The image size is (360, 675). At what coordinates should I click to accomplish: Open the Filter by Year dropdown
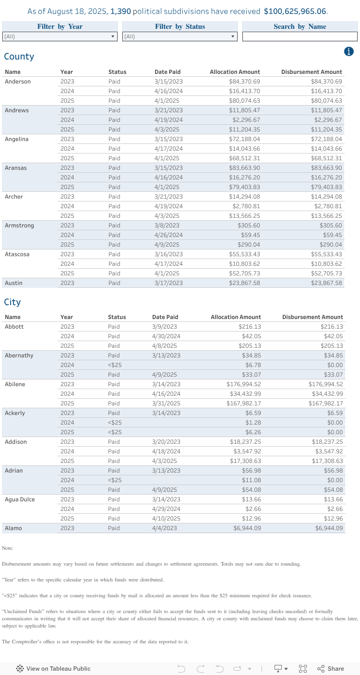click(x=60, y=36)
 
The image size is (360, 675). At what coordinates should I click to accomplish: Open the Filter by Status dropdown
click(x=180, y=36)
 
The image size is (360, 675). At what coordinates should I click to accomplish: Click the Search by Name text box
click(x=300, y=36)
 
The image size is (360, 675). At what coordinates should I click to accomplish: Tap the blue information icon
click(x=349, y=52)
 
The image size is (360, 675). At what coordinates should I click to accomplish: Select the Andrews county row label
click(x=17, y=110)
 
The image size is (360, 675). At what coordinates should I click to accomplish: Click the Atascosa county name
click(x=17, y=254)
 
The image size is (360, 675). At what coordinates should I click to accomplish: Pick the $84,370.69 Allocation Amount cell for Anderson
click(x=244, y=82)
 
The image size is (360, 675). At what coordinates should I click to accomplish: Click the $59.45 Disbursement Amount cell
click(x=332, y=235)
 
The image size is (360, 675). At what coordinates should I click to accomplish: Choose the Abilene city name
click(x=15, y=384)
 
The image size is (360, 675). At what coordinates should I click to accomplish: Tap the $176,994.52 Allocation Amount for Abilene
click(x=244, y=384)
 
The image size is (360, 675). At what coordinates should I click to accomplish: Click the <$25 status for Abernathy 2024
click(x=115, y=365)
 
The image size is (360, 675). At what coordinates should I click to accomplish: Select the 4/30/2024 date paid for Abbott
click(x=166, y=336)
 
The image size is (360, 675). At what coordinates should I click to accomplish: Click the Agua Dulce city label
click(x=20, y=499)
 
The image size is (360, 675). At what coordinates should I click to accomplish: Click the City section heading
click(x=12, y=302)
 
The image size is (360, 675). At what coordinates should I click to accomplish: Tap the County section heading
click(x=19, y=57)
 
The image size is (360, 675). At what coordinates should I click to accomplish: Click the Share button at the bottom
click(x=331, y=669)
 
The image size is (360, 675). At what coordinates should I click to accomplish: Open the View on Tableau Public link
click(x=53, y=669)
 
